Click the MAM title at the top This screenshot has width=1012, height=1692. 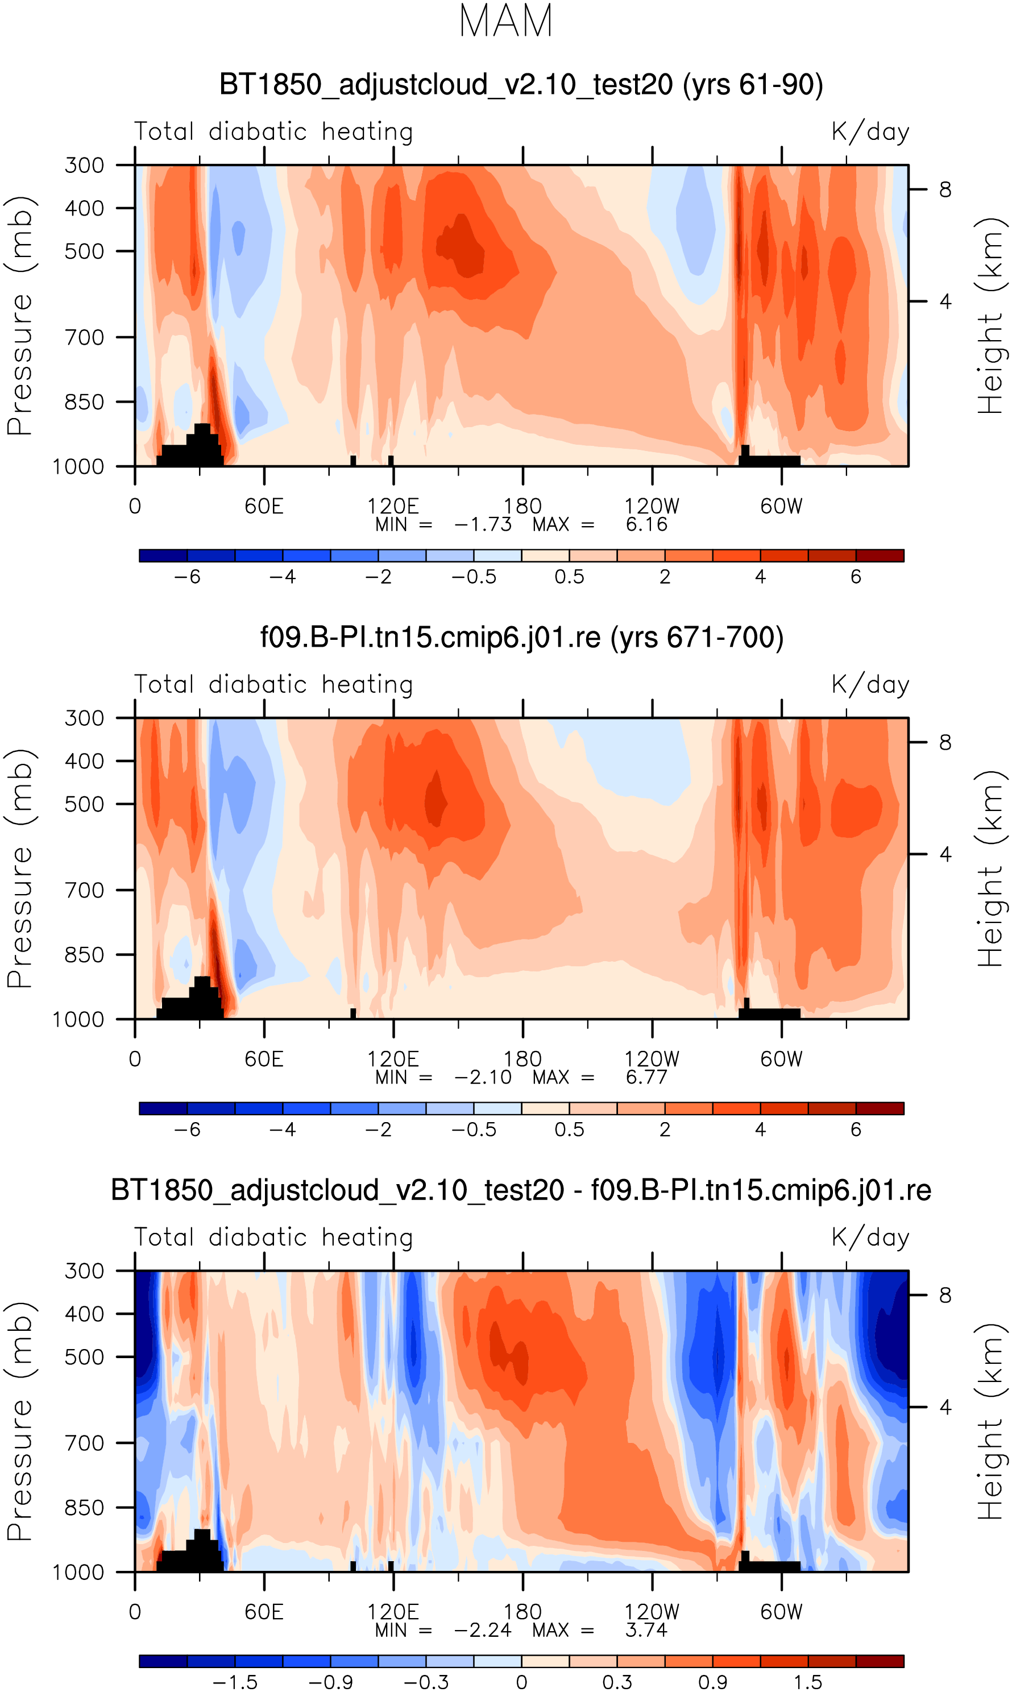[x=505, y=21]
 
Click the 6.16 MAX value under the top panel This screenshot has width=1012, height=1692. [x=646, y=524]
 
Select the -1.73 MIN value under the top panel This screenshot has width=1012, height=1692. [x=482, y=524]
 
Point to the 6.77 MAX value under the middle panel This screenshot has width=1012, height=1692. [x=646, y=1078]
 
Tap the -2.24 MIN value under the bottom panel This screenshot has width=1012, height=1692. [x=482, y=1630]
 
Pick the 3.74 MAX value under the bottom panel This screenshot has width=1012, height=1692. [x=646, y=1630]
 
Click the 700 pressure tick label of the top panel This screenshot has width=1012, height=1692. [x=85, y=337]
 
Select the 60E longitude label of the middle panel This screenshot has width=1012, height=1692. [x=264, y=1059]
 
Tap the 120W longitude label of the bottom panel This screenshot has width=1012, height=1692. [x=652, y=1612]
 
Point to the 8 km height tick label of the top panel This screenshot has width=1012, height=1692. [x=945, y=189]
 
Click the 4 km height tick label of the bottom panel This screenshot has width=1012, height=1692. [x=945, y=1407]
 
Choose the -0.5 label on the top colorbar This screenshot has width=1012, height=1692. [x=474, y=577]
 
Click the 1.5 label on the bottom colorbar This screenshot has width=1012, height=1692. [x=807, y=1682]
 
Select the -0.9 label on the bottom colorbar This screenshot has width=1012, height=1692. [x=330, y=1682]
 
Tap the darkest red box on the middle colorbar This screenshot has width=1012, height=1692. [x=880, y=1108]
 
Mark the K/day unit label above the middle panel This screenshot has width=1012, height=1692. [x=870, y=685]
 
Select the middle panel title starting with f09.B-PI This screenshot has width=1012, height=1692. [x=522, y=638]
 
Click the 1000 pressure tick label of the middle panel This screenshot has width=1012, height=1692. [x=78, y=1020]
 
